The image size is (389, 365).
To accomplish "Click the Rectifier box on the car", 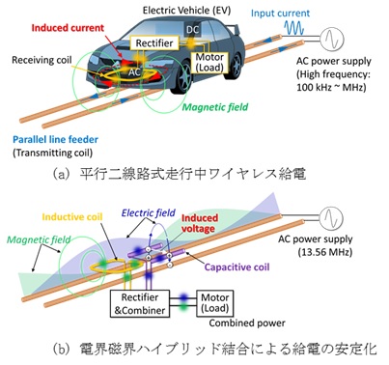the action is point(154,42).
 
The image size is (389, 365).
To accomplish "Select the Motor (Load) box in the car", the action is point(209,62).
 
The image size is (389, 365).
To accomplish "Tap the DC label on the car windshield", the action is point(193,30).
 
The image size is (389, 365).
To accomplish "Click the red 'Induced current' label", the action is point(68,28).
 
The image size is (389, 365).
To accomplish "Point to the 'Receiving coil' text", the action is point(42,60).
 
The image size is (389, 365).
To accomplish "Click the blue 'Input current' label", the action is point(280,14).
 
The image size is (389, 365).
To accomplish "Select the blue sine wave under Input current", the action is point(294,28).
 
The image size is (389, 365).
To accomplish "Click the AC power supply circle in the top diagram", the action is point(332,39).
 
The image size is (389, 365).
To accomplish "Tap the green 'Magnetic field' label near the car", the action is point(215,107).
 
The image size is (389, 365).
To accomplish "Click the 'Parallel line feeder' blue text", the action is point(55,140).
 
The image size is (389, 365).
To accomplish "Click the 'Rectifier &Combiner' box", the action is point(140,304).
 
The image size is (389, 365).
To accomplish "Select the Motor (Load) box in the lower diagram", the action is point(215,303).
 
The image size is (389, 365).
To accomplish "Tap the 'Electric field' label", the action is point(149,212).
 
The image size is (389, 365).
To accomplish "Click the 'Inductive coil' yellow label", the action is point(72,217).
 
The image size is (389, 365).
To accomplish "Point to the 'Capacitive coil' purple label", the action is point(236,267).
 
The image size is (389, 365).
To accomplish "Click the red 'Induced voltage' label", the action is point(198,223).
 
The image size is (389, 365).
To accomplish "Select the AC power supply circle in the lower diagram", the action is point(331,217).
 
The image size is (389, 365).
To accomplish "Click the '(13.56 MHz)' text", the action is point(324,252).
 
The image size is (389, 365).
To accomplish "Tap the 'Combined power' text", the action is point(247,323).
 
